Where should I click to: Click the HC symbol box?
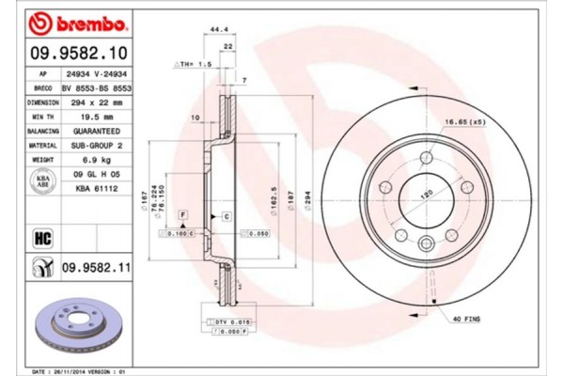(x=42, y=237)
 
